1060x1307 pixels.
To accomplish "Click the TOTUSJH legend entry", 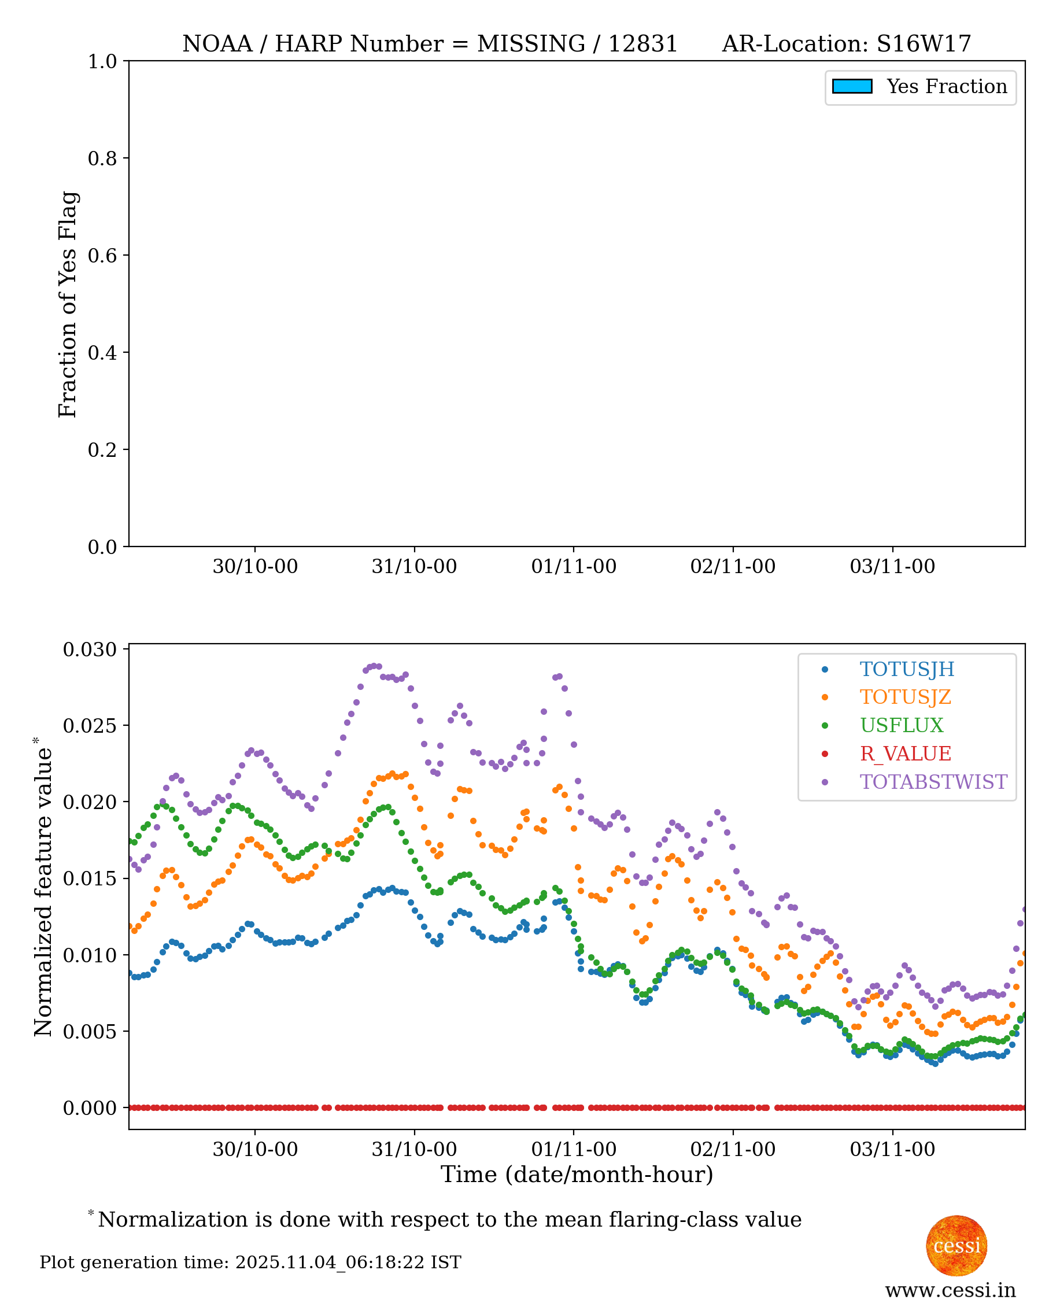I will click(x=906, y=669).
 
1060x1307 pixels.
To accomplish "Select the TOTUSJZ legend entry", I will click(x=905, y=697).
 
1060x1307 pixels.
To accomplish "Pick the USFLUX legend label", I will click(x=901, y=725).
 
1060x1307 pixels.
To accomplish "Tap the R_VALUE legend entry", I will click(x=905, y=754).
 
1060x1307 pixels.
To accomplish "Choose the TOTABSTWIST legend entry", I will click(x=933, y=782).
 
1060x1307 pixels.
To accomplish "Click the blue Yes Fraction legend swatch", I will click(x=852, y=87).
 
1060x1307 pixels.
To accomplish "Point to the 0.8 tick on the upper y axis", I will click(x=102, y=158).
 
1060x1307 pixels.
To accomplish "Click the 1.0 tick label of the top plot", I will click(x=102, y=61).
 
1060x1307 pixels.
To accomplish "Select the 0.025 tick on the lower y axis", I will click(x=90, y=725).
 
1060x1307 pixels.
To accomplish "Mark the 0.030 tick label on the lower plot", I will click(x=90, y=649).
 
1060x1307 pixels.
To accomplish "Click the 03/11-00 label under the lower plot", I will click(x=892, y=1149).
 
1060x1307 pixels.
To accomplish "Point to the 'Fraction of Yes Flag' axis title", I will click(x=68, y=304).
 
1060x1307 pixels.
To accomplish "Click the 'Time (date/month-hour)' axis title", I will click(x=577, y=1175).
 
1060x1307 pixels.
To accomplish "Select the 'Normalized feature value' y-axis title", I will click(x=43, y=891).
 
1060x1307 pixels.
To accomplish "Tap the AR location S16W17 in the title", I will click(x=923, y=44).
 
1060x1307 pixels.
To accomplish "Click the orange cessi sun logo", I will click(x=956, y=1246).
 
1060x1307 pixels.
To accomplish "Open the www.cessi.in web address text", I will click(x=950, y=1290).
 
